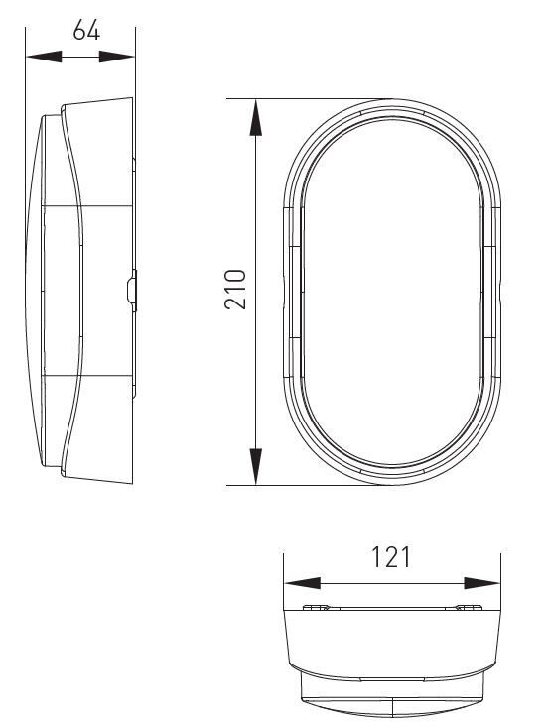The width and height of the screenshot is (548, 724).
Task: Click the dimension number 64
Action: pyautogui.click(x=86, y=31)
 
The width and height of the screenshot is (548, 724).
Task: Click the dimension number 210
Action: pyautogui.click(x=235, y=289)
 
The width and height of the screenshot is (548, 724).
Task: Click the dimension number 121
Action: pyautogui.click(x=391, y=557)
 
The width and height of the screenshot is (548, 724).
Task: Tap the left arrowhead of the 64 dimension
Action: pyautogui.click(x=44, y=57)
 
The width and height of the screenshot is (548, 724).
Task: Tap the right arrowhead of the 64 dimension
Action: pyautogui.click(x=116, y=57)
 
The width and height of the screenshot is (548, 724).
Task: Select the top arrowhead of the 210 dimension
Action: pyautogui.click(x=255, y=118)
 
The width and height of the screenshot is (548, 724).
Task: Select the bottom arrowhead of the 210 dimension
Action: pyautogui.click(x=255, y=466)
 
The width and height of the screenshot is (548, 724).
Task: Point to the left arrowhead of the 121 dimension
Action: pyautogui.click(x=302, y=583)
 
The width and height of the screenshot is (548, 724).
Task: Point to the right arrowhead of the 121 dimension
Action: pyautogui.click(x=481, y=583)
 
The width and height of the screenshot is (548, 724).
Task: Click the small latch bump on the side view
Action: pyautogui.click(x=132, y=291)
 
